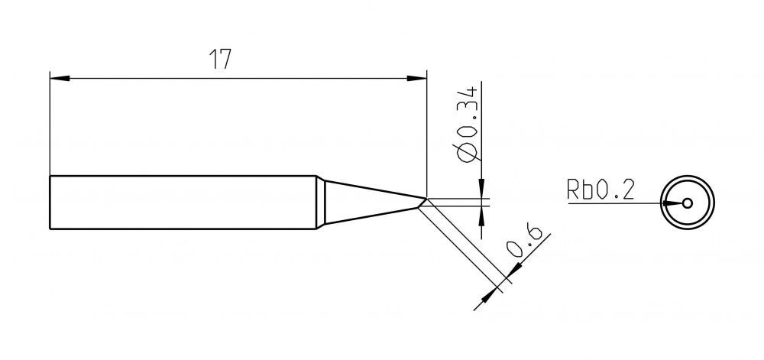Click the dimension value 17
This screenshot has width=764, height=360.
[220, 59]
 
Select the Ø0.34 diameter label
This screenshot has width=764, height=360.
[466, 124]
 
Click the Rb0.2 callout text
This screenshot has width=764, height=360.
[601, 189]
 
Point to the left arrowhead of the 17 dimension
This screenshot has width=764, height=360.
[60, 78]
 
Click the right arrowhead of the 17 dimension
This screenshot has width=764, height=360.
[416, 78]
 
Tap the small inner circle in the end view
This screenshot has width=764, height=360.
[687, 203]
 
